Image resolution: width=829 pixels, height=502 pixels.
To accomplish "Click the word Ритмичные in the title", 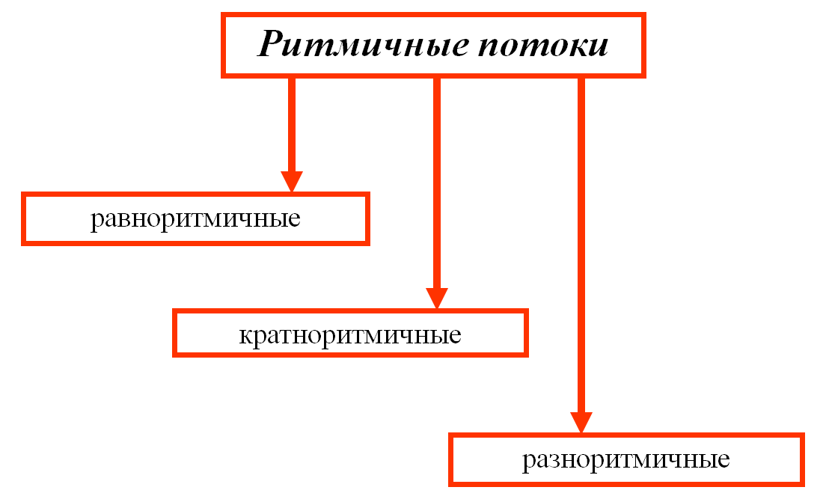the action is click(363, 44).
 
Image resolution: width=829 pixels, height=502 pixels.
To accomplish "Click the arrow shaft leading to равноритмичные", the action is click(292, 125).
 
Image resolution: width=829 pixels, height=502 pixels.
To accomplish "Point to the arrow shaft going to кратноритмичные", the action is click(437, 183).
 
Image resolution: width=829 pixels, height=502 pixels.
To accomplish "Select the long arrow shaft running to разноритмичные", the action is click(581, 245).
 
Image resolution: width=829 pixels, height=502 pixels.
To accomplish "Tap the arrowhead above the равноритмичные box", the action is click(292, 182).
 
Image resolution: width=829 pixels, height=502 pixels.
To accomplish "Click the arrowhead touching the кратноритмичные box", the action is click(437, 299).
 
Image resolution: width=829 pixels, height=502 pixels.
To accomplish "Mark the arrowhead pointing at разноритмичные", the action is click(581, 423).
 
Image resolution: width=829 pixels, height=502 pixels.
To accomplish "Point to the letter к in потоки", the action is click(574, 47).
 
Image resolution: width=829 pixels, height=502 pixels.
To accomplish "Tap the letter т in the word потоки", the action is click(530, 47).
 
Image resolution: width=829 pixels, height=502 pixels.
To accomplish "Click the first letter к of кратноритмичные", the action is click(246, 336).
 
